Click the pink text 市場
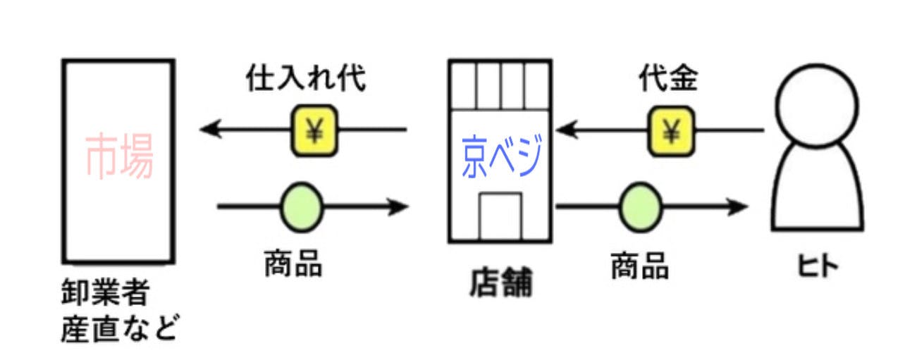pyautogui.click(x=119, y=158)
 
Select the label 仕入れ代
pyautogui.click(x=305, y=80)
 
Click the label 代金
pyautogui.click(x=668, y=80)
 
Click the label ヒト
pyautogui.click(x=817, y=267)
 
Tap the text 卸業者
pyautogui.click(x=105, y=294)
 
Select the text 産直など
pyautogui.click(x=118, y=328)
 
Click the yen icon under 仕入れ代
pyautogui.click(x=314, y=131)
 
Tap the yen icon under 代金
pyautogui.click(x=670, y=131)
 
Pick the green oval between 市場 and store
pyautogui.click(x=302, y=207)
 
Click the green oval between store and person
pyautogui.click(x=641, y=207)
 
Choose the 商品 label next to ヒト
pyautogui.click(x=639, y=267)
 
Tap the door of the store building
pyautogui.click(x=500, y=215)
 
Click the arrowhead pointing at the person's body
pyautogui.click(x=738, y=207)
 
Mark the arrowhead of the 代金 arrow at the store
pyautogui.click(x=565, y=130)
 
